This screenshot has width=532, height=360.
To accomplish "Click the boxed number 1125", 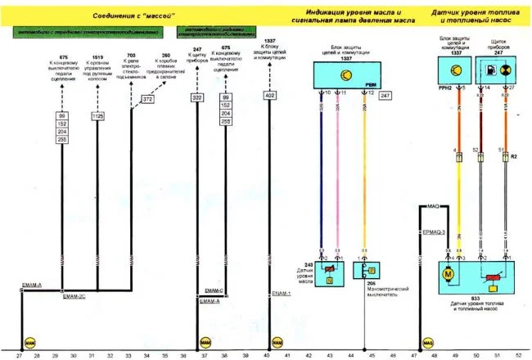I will [x=97, y=117].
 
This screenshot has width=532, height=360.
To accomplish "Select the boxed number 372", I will [x=147, y=99].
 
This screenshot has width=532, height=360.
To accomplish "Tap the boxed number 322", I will [x=196, y=98].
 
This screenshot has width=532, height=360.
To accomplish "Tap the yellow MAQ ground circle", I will [x=426, y=340].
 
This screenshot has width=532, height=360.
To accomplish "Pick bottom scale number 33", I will [x=128, y=355].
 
